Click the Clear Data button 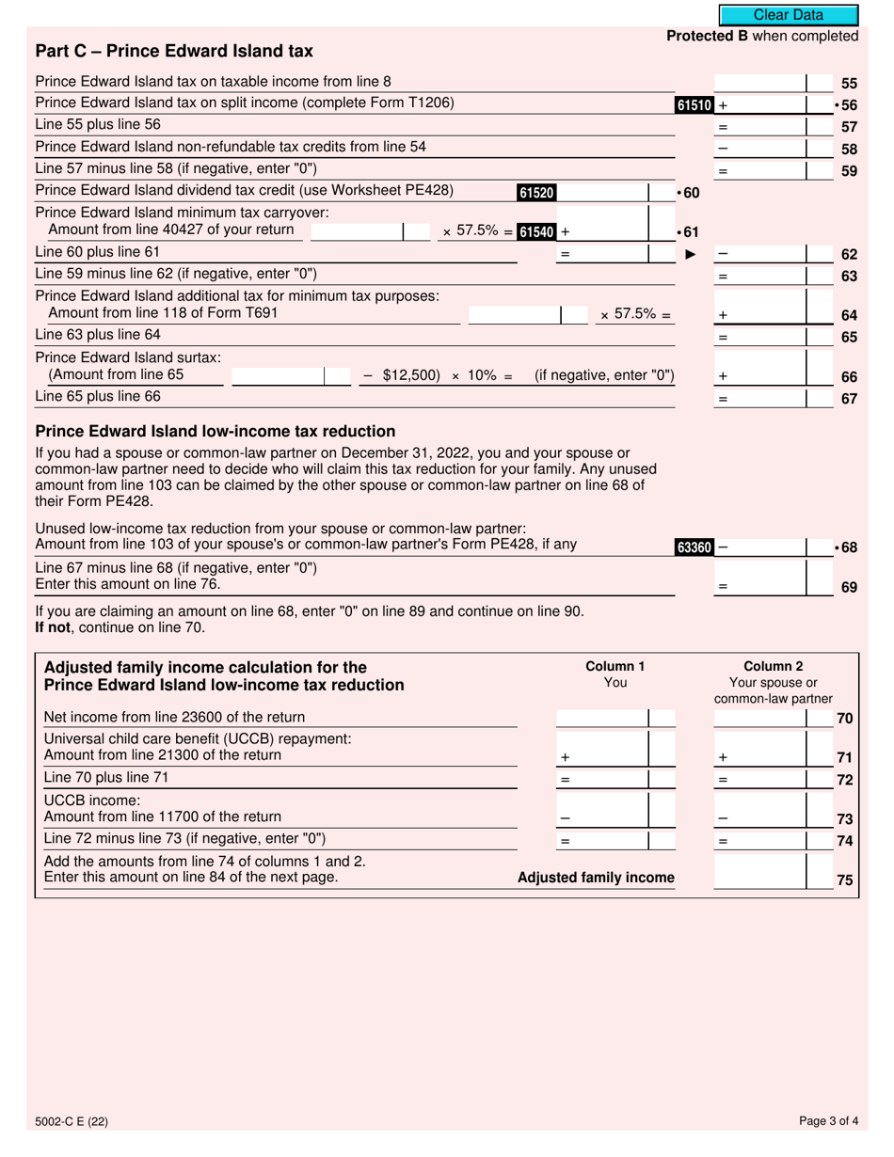point(788,15)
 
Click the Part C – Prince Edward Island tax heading point(174,51)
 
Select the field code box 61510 point(694,105)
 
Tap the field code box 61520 point(536,193)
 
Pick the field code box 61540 point(537,231)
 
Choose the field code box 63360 point(694,547)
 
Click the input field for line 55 point(760,83)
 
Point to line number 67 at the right point(849,399)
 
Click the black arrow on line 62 point(690,254)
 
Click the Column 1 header point(615,667)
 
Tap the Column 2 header point(773,667)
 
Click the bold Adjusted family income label point(596,878)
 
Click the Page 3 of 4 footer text point(828,1120)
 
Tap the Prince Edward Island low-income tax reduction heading point(215,432)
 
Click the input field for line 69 point(760,578)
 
